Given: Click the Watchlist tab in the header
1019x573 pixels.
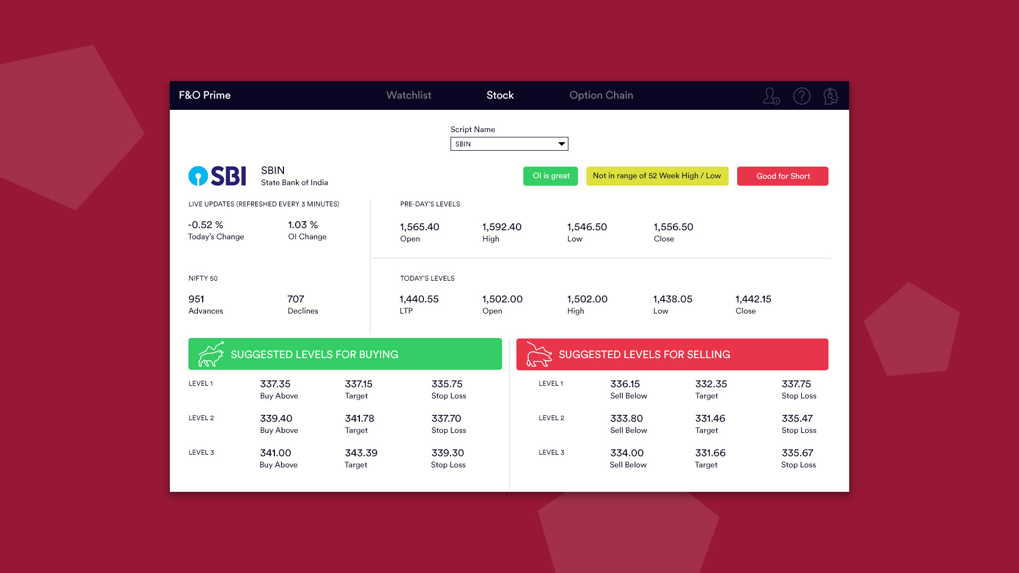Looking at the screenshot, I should coord(409,95).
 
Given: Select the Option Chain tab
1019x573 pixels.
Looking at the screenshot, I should coord(601,95).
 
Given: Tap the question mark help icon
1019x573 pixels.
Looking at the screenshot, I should coord(801,96).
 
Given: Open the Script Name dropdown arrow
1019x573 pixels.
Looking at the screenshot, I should coord(561,144).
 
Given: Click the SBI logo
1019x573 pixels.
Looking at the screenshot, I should coord(218,176).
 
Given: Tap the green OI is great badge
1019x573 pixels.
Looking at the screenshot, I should coord(550,176).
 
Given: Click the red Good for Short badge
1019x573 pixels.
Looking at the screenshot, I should coord(782,176).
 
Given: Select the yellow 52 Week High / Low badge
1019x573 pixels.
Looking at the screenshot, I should coord(657,176).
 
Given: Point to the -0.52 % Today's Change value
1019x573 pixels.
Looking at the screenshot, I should coord(205,225).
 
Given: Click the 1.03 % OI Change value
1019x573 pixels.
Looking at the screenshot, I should coord(303,225).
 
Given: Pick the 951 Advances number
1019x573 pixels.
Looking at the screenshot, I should coord(196,299).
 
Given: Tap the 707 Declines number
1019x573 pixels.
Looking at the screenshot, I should coord(296,299).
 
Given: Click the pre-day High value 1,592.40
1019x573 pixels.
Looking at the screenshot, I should coord(502,227).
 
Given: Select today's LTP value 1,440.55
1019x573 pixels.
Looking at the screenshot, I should coord(419,299).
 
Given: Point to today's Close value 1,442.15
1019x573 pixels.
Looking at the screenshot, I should coord(753,299).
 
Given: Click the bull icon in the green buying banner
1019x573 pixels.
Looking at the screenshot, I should coord(211,354).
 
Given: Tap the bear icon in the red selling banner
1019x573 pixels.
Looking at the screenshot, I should coord(539,354).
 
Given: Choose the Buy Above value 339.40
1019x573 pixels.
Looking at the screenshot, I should coord(276,419).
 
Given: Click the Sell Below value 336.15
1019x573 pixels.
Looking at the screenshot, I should coord(625,384).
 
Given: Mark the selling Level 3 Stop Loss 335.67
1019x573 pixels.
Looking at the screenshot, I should coord(797,453).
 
